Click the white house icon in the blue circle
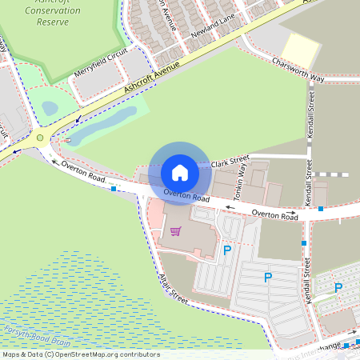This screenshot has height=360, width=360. (180, 172)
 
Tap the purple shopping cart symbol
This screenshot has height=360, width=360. (175, 231)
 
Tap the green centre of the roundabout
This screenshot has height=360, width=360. (40, 138)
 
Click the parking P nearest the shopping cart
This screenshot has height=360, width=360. (227, 251)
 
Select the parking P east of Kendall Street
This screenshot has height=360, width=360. (338, 287)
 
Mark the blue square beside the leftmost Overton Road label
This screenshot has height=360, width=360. (114, 189)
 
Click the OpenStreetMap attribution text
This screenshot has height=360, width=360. (80, 354)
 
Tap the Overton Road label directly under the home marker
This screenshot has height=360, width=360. (186, 195)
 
